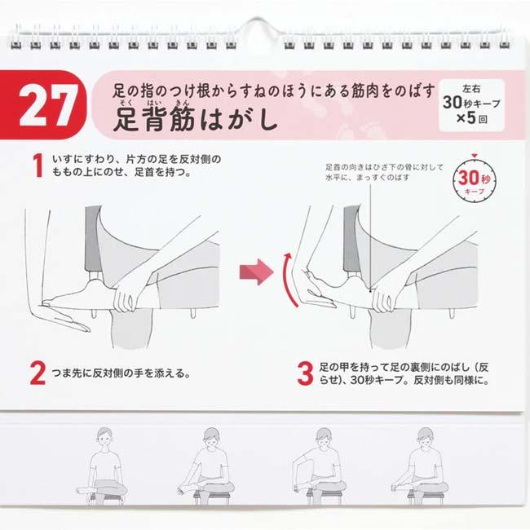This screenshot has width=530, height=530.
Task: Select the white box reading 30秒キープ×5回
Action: [470, 104]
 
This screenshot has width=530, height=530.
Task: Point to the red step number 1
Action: [38, 166]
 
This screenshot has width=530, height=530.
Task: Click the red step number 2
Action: [38, 374]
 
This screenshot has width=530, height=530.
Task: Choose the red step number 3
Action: [304, 374]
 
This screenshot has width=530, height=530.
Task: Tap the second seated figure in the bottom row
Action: [209, 465]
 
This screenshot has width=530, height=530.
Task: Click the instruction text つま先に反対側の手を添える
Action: [121, 375]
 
